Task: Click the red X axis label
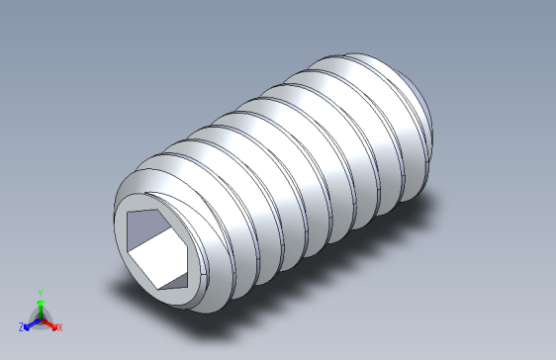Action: point(59,326)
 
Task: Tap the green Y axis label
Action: point(40,293)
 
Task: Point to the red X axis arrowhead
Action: point(52,323)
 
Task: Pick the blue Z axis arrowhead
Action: point(28,323)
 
